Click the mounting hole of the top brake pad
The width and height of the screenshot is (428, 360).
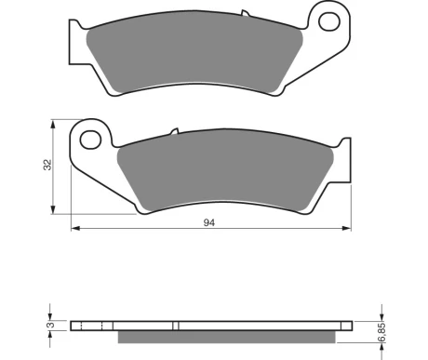point(329,21)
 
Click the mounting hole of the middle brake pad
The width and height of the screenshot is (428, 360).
point(90,140)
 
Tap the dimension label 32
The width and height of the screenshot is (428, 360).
point(47,165)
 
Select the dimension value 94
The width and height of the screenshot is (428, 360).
point(209,222)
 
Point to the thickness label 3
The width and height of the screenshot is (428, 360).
point(51,325)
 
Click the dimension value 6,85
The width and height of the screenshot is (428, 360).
point(382,332)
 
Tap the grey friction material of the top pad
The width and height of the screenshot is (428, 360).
point(194,58)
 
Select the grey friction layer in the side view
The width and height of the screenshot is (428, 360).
point(227,337)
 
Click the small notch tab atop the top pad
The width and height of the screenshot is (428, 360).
point(245,13)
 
